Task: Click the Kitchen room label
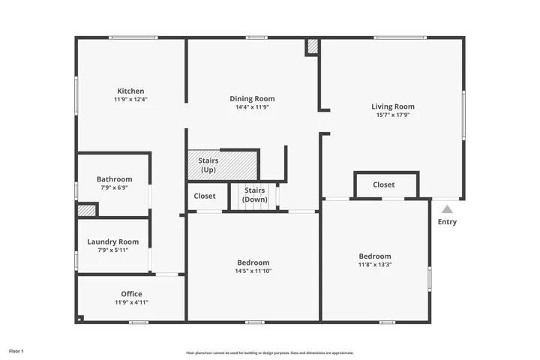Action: (x=130, y=91)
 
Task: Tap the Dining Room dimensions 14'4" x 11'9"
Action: (x=252, y=107)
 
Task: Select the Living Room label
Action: (x=392, y=106)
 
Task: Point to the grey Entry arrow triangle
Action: (x=447, y=209)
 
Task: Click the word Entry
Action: (x=447, y=222)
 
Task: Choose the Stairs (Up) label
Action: (x=208, y=165)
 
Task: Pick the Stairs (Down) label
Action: (x=255, y=195)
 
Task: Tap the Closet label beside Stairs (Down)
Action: (x=205, y=196)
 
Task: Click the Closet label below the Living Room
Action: (x=384, y=184)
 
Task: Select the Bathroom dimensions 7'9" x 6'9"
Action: (x=114, y=187)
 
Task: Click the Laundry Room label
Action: (x=113, y=241)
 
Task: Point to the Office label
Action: (x=131, y=294)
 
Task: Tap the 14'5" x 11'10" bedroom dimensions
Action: (x=253, y=271)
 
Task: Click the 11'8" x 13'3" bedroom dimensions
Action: (x=375, y=265)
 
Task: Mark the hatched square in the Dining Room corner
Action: (x=313, y=46)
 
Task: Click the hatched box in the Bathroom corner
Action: (x=86, y=211)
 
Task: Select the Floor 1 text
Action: (x=16, y=352)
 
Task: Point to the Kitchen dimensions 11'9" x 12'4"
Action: (x=130, y=100)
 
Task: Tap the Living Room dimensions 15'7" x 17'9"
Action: (x=393, y=115)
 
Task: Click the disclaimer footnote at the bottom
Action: (x=270, y=352)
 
